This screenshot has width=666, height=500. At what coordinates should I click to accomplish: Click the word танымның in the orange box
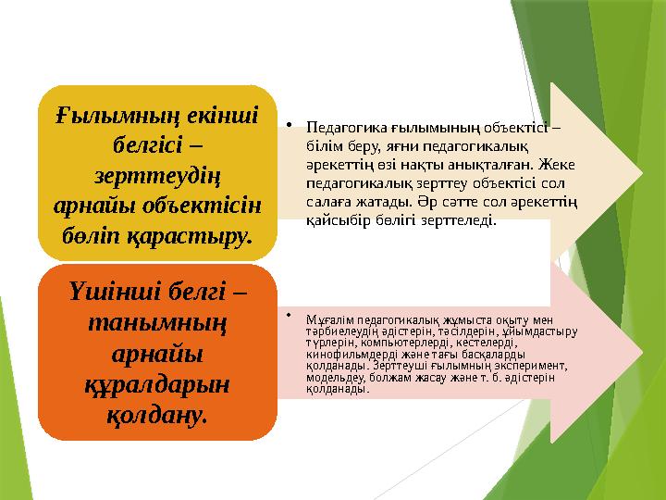(x=156, y=323)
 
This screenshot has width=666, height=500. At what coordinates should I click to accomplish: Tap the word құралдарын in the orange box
(x=156, y=384)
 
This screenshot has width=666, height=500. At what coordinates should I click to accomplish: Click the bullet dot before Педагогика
(x=290, y=122)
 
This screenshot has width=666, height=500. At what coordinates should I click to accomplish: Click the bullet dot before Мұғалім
(x=290, y=316)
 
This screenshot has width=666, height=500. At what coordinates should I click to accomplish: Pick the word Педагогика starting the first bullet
(x=340, y=129)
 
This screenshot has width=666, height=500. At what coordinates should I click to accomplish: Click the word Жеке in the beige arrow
(x=561, y=165)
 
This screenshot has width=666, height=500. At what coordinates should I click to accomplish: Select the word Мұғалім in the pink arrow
(x=328, y=319)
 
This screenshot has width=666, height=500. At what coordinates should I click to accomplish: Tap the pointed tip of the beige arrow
(x=641, y=173)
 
